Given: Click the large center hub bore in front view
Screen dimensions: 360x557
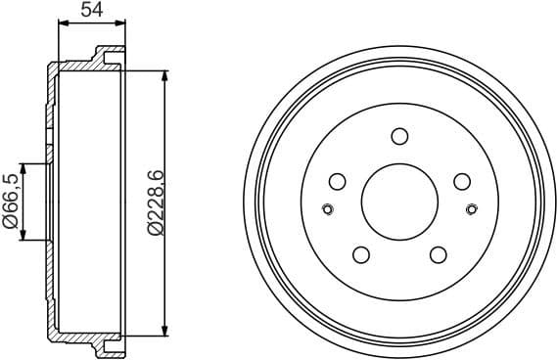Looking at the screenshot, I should pyautogui.click(x=398, y=202).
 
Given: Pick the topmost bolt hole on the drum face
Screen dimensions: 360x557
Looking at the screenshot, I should pyautogui.click(x=398, y=136).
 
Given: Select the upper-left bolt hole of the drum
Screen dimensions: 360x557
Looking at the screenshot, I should pyautogui.click(x=338, y=181).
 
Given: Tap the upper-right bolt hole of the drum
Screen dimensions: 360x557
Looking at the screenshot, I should pyautogui.click(x=461, y=181).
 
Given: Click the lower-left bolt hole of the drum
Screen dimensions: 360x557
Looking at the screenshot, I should pyautogui.click(x=360, y=254).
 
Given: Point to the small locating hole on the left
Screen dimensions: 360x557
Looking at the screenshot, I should pyautogui.click(x=327, y=207).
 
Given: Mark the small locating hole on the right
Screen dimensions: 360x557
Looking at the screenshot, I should pyautogui.click(x=472, y=207).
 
